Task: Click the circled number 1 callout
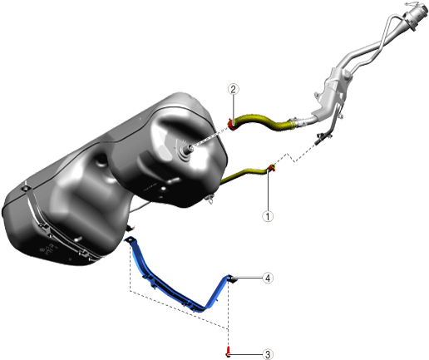(x=268, y=216)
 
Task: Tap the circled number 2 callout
(x=234, y=89)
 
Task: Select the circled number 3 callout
(x=268, y=354)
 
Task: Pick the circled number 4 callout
(x=268, y=278)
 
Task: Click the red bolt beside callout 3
(x=228, y=352)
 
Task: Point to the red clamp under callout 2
(x=232, y=125)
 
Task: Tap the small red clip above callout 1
(x=272, y=167)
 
